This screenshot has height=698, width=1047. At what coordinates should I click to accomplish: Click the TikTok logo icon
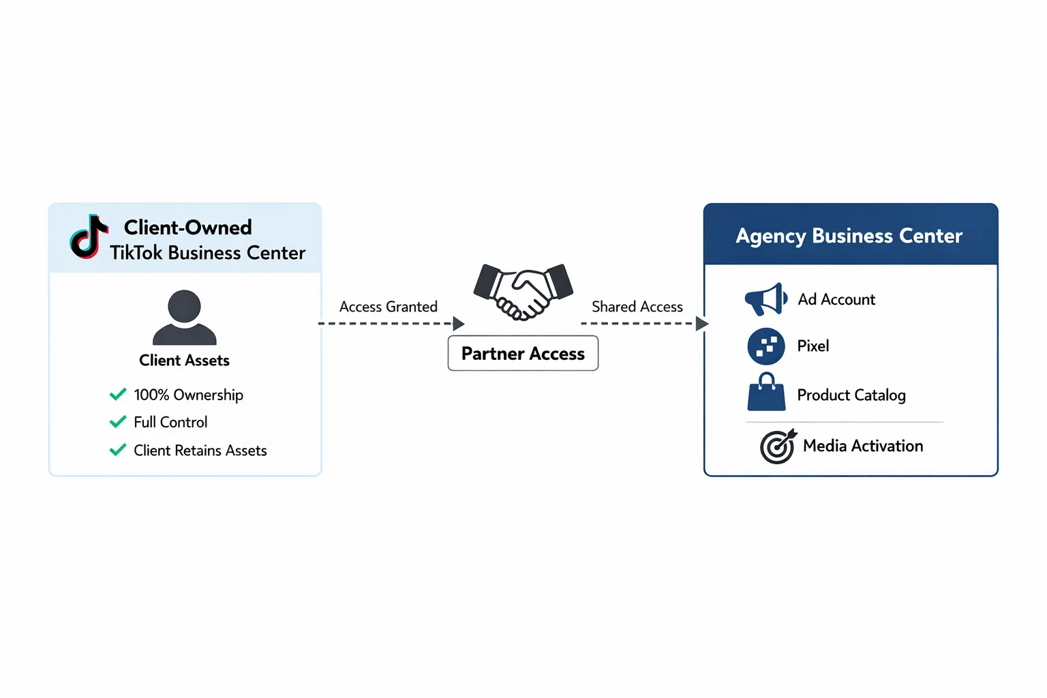point(89,237)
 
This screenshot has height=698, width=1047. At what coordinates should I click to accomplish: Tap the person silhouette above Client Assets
point(184,317)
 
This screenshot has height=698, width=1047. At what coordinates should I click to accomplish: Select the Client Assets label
point(184,361)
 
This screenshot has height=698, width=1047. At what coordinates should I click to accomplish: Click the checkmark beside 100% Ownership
point(118,394)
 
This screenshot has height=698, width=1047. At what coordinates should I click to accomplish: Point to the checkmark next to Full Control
point(118,422)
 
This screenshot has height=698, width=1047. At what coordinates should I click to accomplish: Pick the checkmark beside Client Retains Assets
point(118,450)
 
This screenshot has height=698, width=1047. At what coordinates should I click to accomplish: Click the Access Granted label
point(389,307)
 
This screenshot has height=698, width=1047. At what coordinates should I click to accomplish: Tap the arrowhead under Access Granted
point(459,323)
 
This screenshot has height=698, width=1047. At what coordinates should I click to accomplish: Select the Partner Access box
point(523,353)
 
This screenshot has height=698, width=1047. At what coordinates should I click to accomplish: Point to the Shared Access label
point(637,307)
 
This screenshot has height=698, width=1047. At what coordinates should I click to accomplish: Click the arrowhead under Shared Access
point(702,323)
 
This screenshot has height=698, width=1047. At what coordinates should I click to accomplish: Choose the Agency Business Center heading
point(849,236)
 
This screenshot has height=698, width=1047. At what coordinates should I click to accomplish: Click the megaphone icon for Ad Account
point(765,299)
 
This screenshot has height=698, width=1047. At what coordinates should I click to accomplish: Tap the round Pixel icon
point(765,346)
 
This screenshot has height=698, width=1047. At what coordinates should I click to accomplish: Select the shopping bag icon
point(766,393)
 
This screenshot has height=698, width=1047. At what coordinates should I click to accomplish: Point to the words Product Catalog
point(851,395)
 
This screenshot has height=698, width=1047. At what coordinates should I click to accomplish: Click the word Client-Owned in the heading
point(187,227)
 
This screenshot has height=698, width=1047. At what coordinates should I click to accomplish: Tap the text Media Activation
point(863,446)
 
